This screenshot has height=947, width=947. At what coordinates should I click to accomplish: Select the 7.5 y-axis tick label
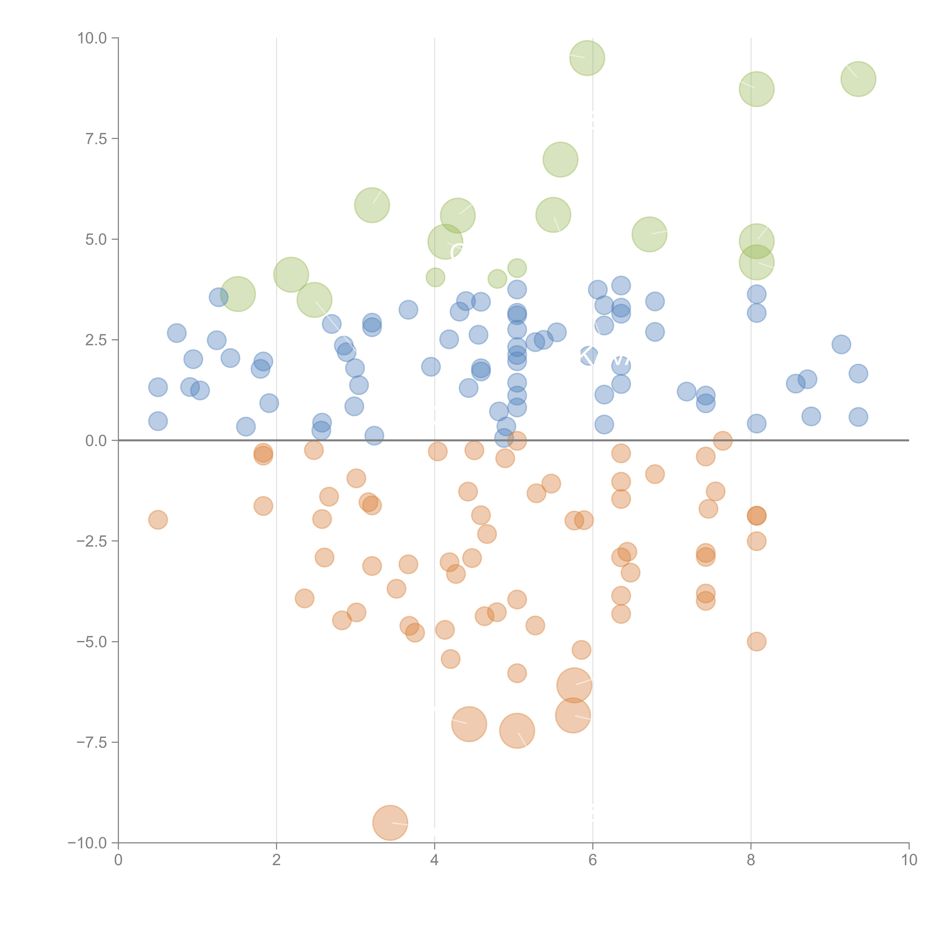[x=96, y=139]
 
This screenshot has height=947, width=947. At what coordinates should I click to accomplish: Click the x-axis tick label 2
[x=277, y=860]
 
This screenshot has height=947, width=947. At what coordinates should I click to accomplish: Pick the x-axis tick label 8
[x=751, y=860]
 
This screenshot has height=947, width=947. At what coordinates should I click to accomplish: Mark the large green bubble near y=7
[x=560, y=160]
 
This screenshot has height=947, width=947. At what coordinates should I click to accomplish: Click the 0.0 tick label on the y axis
[x=96, y=441]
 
